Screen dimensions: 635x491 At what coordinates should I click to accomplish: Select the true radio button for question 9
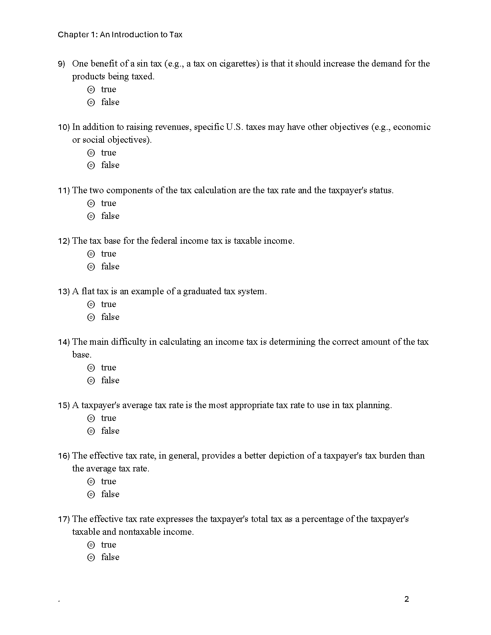click(91, 89)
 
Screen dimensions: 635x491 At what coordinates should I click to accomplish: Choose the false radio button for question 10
click(91, 165)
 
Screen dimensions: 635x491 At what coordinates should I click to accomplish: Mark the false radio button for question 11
click(91, 216)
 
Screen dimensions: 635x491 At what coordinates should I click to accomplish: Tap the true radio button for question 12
click(91, 254)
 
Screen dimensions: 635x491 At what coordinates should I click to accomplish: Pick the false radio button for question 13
click(91, 317)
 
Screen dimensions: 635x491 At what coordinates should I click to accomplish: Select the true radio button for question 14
click(91, 368)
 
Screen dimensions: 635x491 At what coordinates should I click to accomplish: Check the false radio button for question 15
click(91, 431)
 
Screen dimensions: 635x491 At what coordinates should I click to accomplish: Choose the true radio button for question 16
click(91, 481)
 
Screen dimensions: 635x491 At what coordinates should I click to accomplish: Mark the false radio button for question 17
click(91, 557)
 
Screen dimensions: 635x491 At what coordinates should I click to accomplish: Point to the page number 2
click(407, 599)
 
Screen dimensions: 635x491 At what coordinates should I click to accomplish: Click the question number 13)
click(64, 291)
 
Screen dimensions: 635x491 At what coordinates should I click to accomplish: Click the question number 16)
click(64, 456)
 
